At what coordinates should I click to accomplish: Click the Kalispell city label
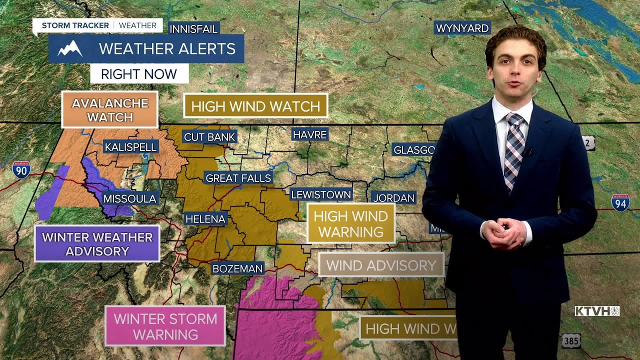131,147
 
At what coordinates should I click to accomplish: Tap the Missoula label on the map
130,198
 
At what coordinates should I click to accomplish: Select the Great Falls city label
238,178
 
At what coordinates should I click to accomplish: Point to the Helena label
205,218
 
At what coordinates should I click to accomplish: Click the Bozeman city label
237,268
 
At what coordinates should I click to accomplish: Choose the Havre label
310,134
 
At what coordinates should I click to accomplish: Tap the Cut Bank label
209,136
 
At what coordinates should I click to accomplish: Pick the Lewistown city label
321,194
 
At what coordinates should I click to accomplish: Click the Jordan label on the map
394,198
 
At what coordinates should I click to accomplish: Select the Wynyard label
462,28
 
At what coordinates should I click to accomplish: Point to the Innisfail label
194,29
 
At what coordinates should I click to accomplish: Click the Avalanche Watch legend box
110,110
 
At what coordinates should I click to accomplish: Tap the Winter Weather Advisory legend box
97,244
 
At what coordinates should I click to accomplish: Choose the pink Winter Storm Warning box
165,326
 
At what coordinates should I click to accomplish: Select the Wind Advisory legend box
381,265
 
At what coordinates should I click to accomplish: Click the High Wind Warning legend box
351,223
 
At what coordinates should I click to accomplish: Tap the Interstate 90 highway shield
21,170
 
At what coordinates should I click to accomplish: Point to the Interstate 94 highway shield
620,202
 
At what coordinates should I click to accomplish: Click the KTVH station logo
597,311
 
